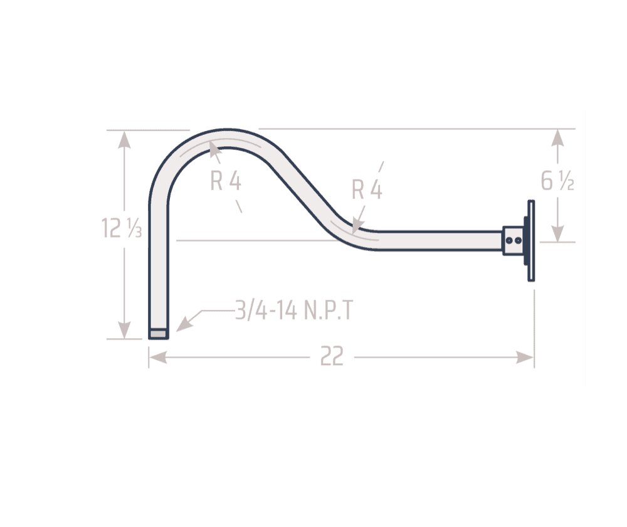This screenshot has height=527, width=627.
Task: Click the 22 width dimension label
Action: pos(332,356)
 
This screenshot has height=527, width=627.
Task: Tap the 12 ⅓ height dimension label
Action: pos(121,228)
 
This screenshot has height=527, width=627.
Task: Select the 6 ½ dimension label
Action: pos(557,181)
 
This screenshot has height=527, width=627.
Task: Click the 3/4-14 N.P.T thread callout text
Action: pos(294,310)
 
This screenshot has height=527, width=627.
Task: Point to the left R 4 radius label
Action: pos(226,181)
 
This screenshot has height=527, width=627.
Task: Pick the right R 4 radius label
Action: pos(367,189)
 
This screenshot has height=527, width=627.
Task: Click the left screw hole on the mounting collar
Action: pos(508,240)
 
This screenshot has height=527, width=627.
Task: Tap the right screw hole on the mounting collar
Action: pos(518,240)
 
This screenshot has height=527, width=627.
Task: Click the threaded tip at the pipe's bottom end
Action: pos(159,334)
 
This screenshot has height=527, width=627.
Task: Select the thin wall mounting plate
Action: pos(531,240)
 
